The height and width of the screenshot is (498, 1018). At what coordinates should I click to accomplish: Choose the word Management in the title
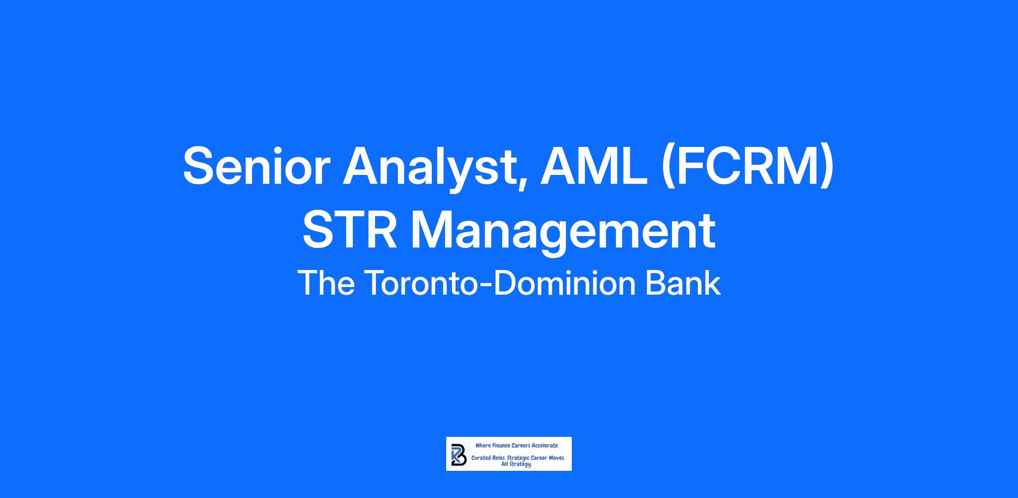click(563, 233)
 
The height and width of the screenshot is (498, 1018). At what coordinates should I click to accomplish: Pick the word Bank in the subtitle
click(683, 283)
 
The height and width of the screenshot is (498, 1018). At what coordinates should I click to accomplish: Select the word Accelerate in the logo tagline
click(545, 445)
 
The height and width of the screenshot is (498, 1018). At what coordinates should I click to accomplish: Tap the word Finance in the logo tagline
click(501, 445)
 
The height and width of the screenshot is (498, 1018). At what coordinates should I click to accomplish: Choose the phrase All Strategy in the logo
click(517, 464)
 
